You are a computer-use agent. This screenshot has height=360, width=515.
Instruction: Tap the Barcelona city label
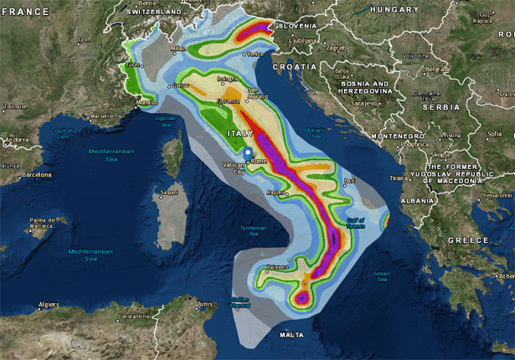point(36,176)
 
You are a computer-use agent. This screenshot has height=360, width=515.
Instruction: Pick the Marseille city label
point(103,115)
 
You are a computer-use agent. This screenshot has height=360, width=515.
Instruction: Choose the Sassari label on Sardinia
point(168,192)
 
